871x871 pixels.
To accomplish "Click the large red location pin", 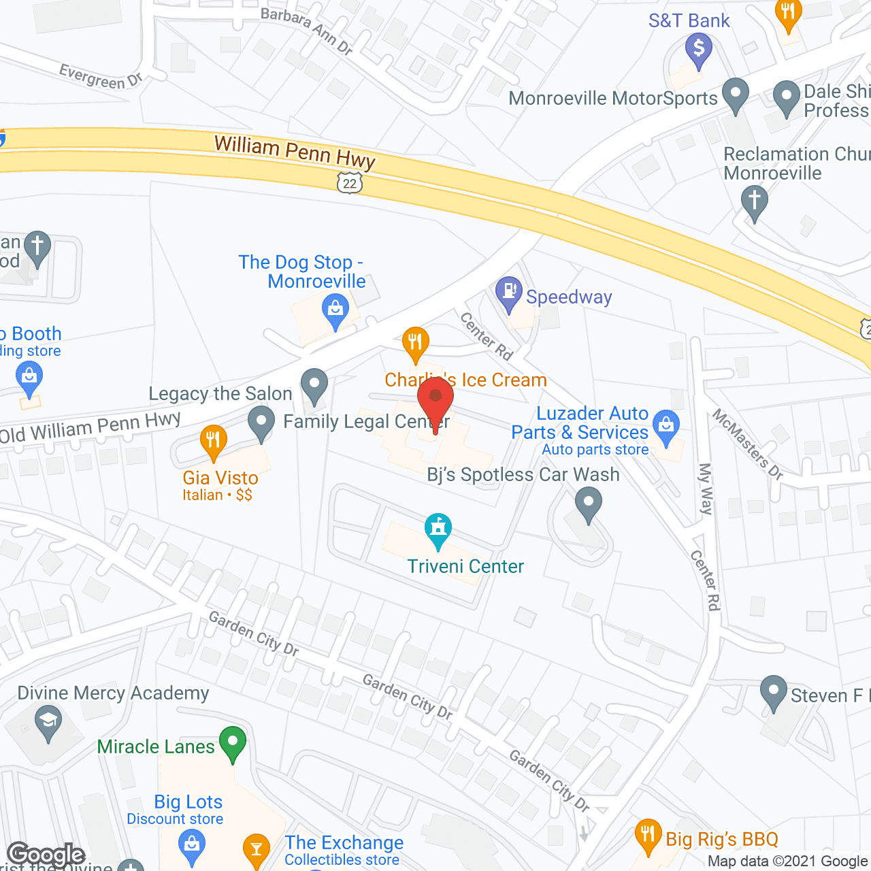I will click(435, 401).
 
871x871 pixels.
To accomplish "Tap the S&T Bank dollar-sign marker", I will click(698, 50).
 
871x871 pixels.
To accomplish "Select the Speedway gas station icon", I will click(508, 293).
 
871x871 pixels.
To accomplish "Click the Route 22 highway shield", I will click(350, 182).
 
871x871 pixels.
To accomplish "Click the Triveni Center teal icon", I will click(438, 529).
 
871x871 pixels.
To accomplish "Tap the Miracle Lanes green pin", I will click(233, 743).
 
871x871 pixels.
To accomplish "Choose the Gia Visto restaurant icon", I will click(214, 441).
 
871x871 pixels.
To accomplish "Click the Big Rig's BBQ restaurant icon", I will click(648, 836).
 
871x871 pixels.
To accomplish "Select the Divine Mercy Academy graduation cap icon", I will click(48, 721).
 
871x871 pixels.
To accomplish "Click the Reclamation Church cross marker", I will click(754, 203).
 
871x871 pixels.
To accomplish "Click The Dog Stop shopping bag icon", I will click(335, 312).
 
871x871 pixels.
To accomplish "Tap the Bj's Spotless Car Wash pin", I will click(589, 505).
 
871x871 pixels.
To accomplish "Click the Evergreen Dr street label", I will click(101, 77).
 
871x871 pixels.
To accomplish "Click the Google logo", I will click(46, 855).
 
